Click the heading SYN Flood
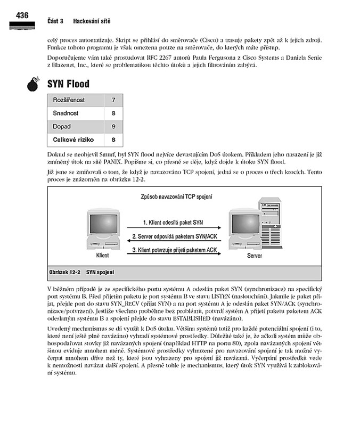click(68, 84)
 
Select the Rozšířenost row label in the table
click(69, 100)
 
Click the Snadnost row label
click(66, 113)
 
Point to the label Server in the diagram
click(255, 256)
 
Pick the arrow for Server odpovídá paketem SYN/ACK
click(174, 241)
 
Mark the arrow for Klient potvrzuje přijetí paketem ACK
click(174, 254)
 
